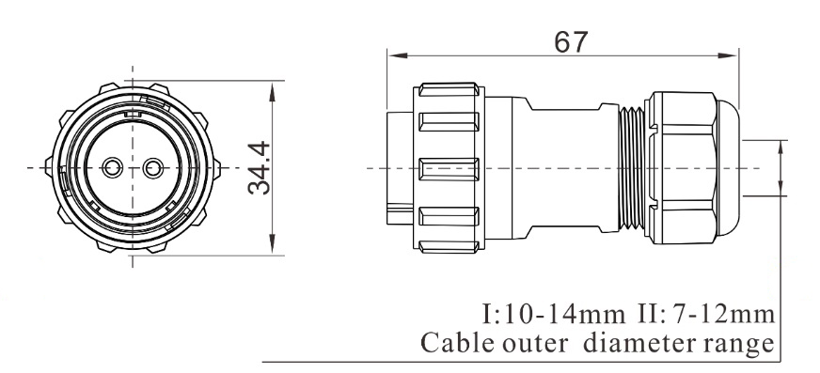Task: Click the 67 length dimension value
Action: (571, 42)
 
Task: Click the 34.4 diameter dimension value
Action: (259, 167)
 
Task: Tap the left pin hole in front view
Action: (112, 167)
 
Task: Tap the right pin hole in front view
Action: (152, 167)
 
